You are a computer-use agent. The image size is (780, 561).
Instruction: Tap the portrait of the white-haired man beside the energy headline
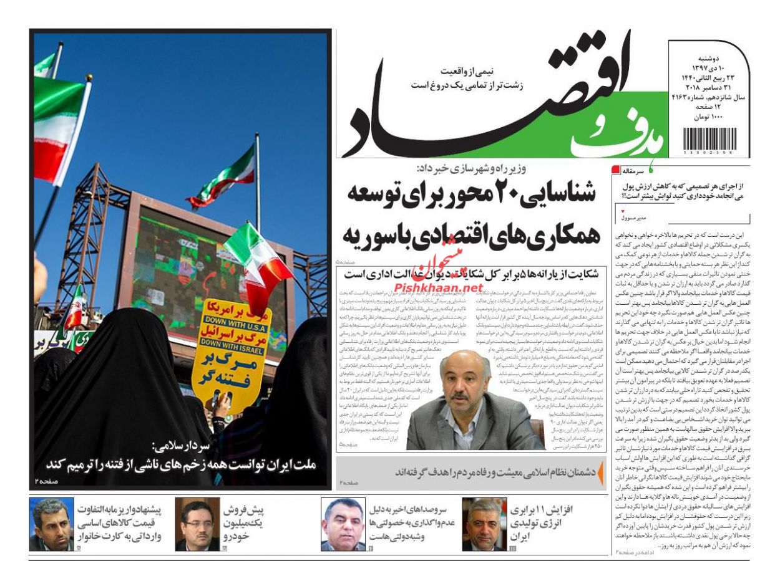coord(484,524)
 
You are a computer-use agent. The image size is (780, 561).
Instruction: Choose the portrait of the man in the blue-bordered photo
coord(343,524)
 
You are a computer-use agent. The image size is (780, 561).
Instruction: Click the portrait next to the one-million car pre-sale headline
coord(197,524)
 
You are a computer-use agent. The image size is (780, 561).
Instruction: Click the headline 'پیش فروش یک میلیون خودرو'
coord(243,522)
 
